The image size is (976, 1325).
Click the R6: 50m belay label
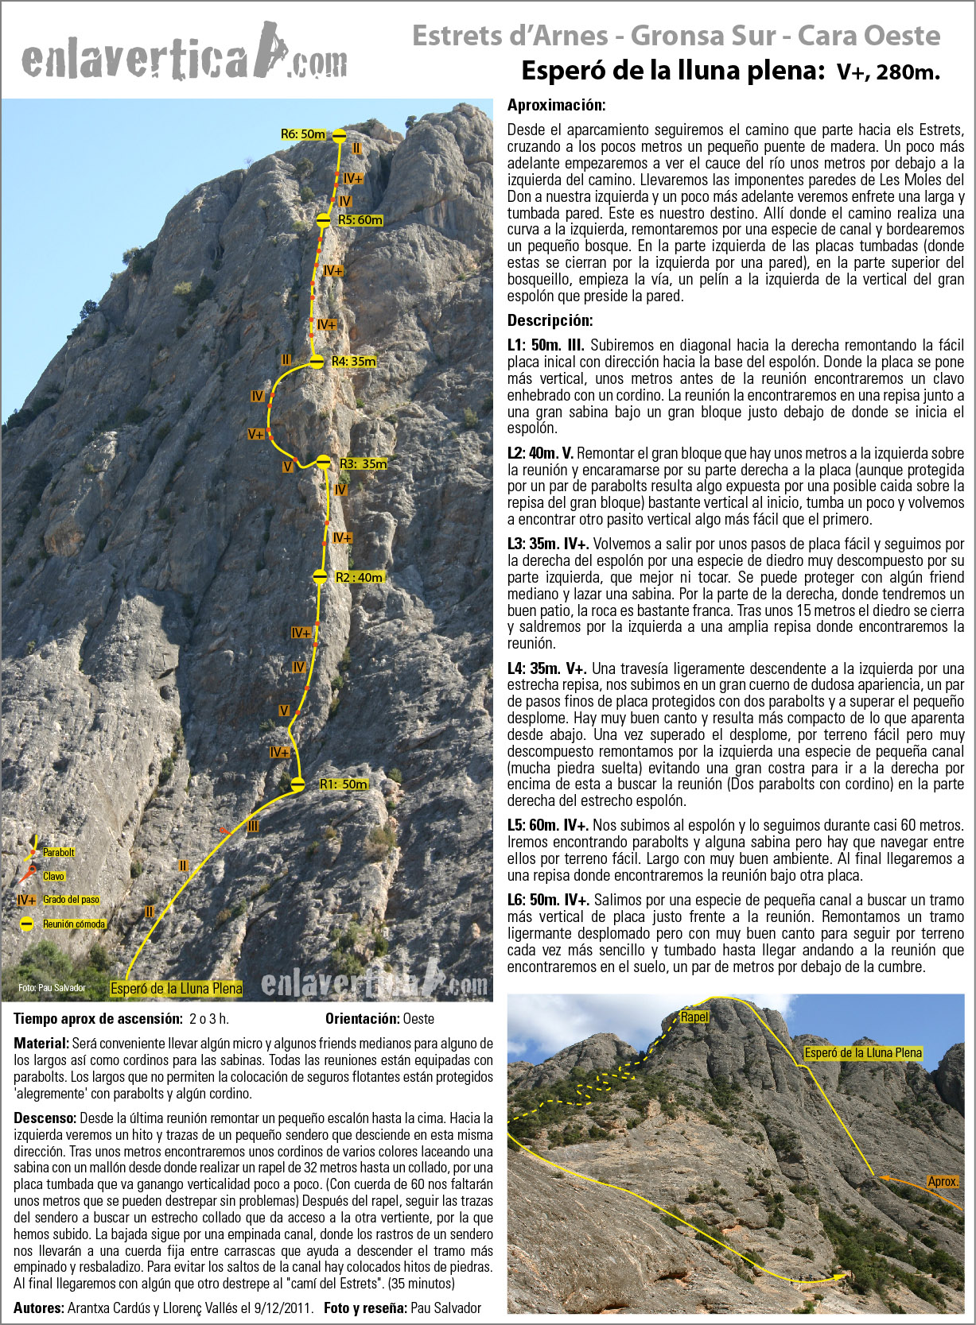click(x=303, y=134)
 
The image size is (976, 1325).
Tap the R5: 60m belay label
click(x=360, y=220)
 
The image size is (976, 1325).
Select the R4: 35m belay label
click(x=354, y=361)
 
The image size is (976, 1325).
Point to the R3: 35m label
click(x=363, y=463)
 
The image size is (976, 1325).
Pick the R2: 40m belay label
click(x=359, y=578)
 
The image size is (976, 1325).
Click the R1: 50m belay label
click(x=344, y=785)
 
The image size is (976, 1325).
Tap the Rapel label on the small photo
click(x=694, y=1017)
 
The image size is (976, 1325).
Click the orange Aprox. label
click(x=943, y=1182)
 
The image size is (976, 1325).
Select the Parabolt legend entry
click(x=58, y=852)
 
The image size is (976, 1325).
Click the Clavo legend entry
click(x=53, y=876)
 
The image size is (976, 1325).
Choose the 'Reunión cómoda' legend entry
click(x=74, y=924)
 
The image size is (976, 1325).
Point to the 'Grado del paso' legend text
click(x=72, y=900)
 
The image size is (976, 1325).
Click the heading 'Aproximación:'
click(x=556, y=105)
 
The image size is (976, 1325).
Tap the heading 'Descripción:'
click(x=550, y=321)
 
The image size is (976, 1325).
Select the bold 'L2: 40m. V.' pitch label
click(x=540, y=453)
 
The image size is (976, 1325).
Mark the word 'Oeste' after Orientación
click(x=418, y=1018)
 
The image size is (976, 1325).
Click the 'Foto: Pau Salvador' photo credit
click(x=52, y=988)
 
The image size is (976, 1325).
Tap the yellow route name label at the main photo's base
click(x=177, y=989)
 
